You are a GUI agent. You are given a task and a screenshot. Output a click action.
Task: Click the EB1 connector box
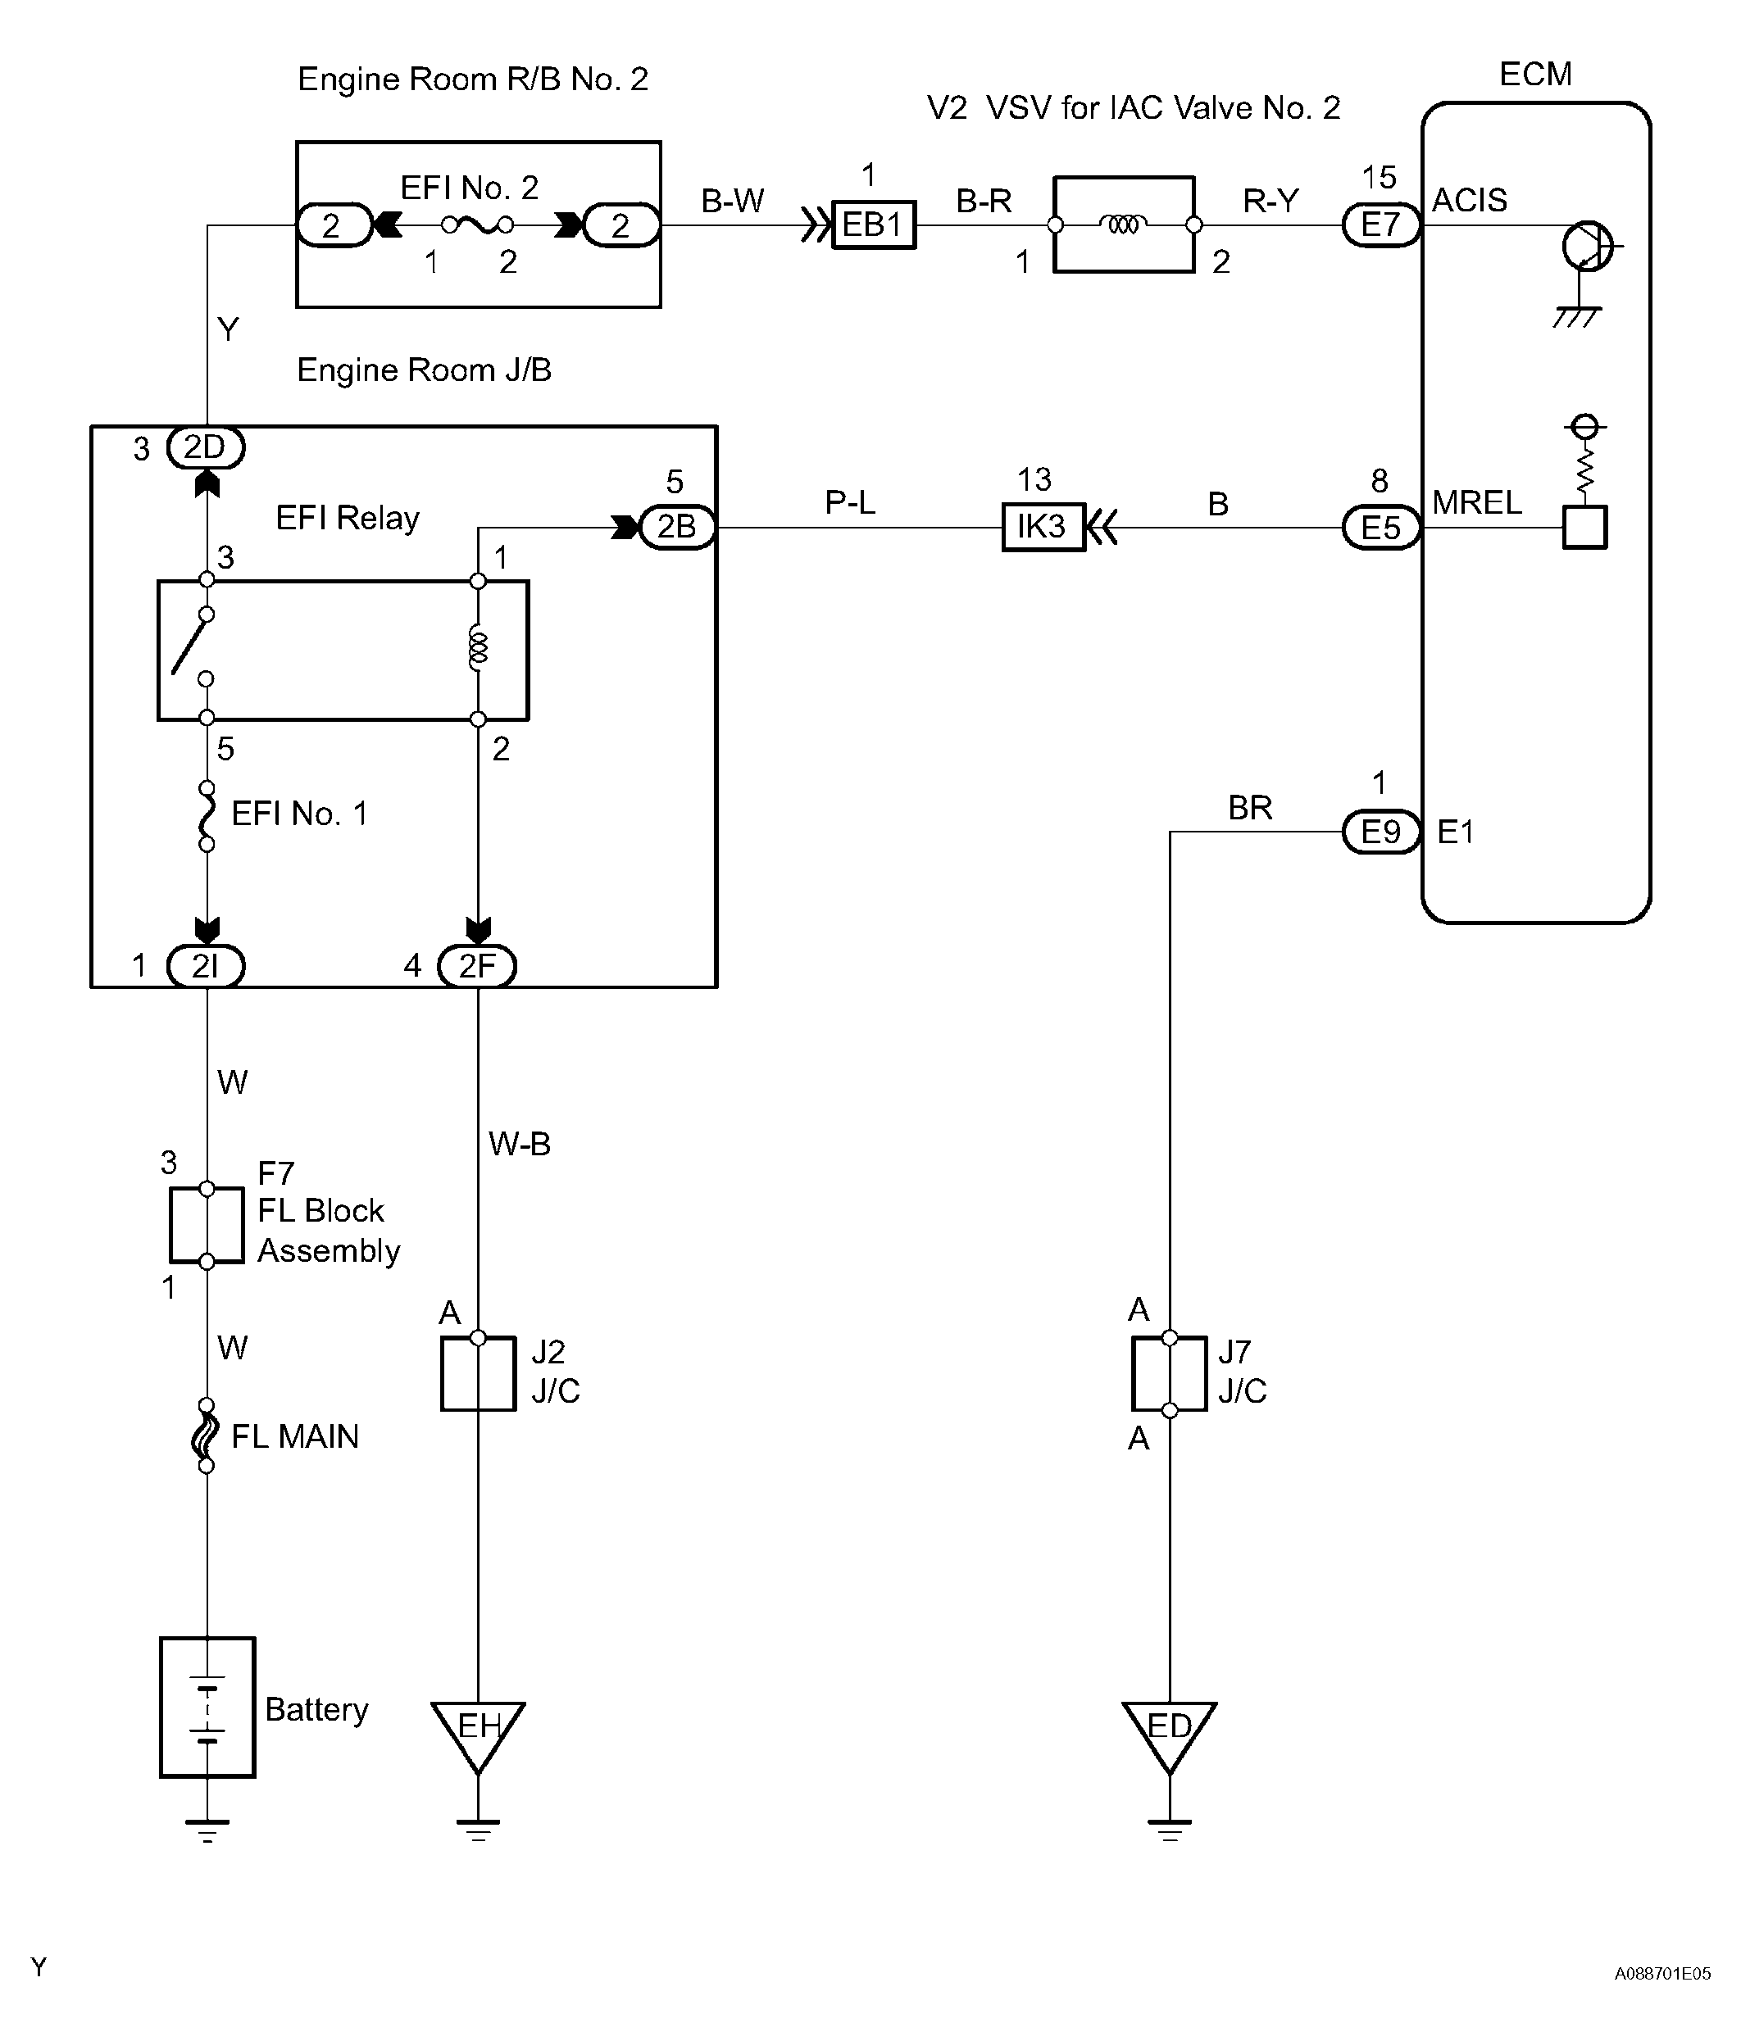[874, 225]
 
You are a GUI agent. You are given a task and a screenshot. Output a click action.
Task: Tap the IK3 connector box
[1043, 528]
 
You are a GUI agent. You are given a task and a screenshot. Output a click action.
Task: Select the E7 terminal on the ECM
[1381, 225]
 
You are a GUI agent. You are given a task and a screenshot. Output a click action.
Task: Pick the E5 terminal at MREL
[1381, 528]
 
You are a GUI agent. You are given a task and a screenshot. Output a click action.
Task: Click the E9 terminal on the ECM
[1381, 832]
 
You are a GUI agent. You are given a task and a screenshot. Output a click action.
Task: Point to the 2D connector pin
[206, 448]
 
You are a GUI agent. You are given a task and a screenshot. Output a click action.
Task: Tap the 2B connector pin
[677, 527]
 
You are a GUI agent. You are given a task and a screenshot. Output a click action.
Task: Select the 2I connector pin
[206, 966]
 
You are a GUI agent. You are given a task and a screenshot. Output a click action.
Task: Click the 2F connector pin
[477, 966]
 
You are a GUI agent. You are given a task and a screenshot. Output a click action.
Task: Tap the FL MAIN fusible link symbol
[205, 1436]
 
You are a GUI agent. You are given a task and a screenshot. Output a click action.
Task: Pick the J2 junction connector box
[478, 1373]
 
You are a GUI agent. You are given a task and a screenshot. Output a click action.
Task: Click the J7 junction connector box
[1170, 1373]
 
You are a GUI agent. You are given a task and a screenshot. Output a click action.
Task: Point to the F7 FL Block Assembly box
[206, 1226]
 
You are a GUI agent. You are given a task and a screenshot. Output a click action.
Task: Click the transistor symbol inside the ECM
[1587, 247]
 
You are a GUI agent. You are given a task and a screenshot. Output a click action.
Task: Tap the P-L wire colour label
[850, 502]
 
